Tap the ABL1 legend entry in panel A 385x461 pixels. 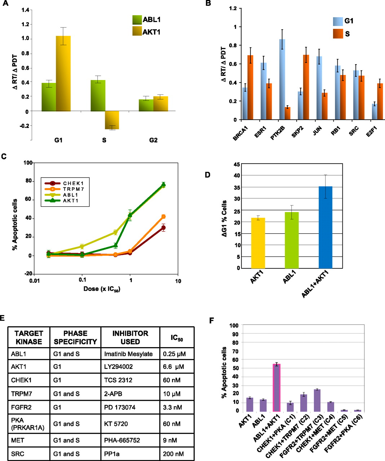click(146, 20)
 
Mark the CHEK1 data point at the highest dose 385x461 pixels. click(163, 228)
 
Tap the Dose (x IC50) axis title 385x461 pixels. click(102, 289)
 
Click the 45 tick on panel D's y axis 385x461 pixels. click(237, 164)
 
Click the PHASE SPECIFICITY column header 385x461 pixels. click(75, 337)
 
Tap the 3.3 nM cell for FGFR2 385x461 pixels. click(172, 408)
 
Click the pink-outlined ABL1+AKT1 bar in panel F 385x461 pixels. click(276, 388)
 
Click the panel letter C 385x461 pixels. click(4, 157)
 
